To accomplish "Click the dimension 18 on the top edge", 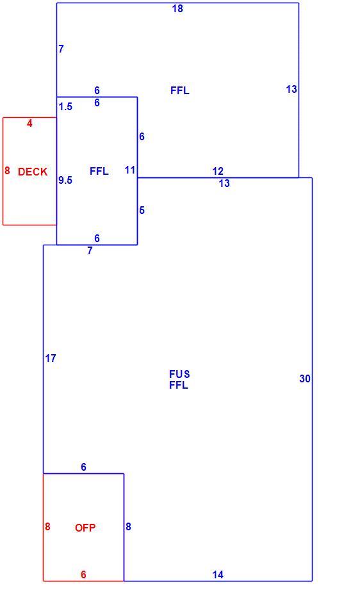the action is click(x=177, y=8).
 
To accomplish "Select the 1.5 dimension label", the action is click(x=65, y=107).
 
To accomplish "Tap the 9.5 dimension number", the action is click(x=65, y=180).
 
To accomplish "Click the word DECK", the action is click(x=33, y=172).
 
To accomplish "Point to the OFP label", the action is click(x=85, y=528).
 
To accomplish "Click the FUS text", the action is click(x=179, y=374).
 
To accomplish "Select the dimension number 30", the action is click(x=305, y=379).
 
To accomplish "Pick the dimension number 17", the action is click(x=51, y=358).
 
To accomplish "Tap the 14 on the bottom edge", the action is click(x=218, y=574).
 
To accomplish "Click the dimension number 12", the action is click(x=217, y=171).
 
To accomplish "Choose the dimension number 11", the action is click(x=130, y=170).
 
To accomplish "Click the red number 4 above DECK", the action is click(x=29, y=124).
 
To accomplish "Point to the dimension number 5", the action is click(x=142, y=211).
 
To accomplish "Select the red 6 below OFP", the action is click(x=83, y=574).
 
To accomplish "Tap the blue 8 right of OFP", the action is click(x=128, y=526).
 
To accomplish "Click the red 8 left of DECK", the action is click(x=7, y=170).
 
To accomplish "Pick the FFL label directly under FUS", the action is click(x=179, y=385).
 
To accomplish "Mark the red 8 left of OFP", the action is click(x=47, y=526).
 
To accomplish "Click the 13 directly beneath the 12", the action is click(x=224, y=184).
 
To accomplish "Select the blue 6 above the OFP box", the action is click(x=83, y=468).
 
